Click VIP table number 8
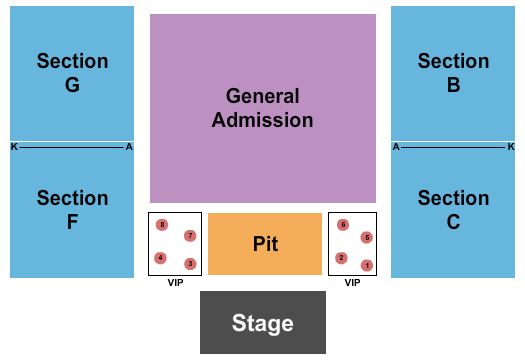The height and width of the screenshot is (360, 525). pyautogui.click(x=162, y=225)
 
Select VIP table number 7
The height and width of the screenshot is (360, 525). pyautogui.click(x=189, y=236)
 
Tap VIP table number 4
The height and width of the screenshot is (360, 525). pyautogui.click(x=160, y=258)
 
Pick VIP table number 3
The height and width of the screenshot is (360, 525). pyautogui.click(x=190, y=264)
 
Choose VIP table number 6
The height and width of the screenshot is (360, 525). pyautogui.click(x=343, y=225)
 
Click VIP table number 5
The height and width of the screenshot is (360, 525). pyautogui.click(x=367, y=237)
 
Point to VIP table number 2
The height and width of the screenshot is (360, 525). pyautogui.click(x=341, y=258)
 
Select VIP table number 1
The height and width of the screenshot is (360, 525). pyautogui.click(x=367, y=265)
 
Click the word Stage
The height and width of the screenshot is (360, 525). pyautogui.click(x=263, y=323)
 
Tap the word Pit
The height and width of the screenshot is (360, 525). pyautogui.click(x=265, y=244)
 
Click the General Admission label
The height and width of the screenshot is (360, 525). pyautogui.click(x=263, y=108)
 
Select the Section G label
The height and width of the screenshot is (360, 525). pyautogui.click(x=72, y=73)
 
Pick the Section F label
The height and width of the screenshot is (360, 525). pyautogui.click(x=72, y=210)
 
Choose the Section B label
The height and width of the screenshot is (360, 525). pyautogui.click(x=453, y=73)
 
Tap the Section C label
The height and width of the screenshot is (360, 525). pyautogui.click(x=453, y=210)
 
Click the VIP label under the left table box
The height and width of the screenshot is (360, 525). pyautogui.click(x=175, y=283)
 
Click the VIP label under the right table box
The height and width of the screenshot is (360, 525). pyautogui.click(x=352, y=283)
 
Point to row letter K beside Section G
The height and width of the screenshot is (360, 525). pyautogui.click(x=14, y=147)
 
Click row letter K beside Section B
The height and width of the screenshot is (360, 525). pyautogui.click(x=511, y=147)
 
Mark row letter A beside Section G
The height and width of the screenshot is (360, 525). pyautogui.click(x=129, y=147)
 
